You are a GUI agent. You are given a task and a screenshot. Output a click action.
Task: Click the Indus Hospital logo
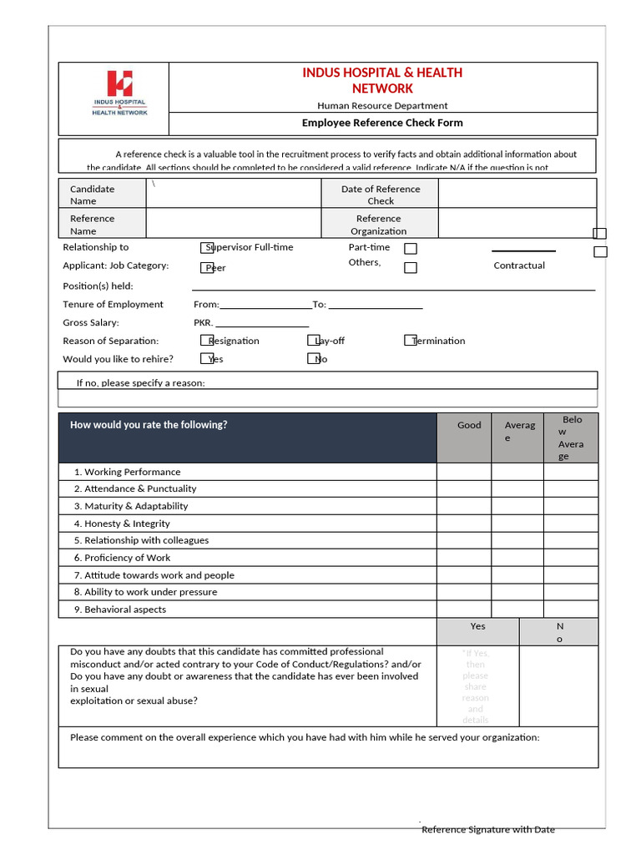(x=119, y=94)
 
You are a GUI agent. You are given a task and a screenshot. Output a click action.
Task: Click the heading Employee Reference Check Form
(x=382, y=123)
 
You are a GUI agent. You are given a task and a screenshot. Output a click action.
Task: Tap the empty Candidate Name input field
(x=234, y=194)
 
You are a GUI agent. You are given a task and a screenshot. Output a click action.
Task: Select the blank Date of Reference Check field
(x=517, y=194)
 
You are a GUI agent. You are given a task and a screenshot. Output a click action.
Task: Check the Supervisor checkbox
(x=207, y=247)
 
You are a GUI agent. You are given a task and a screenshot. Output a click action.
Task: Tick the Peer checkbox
(x=207, y=267)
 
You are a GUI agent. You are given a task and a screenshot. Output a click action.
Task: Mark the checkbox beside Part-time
(x=411, y=249)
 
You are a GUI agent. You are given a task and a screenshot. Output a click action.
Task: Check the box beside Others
(x=411, y=268)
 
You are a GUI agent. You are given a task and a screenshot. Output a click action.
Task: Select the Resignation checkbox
(x=207, y=340)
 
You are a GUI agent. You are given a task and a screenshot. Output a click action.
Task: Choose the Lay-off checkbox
(x=314, y=340)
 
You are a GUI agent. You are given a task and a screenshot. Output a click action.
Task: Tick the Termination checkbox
(x=411, y=340)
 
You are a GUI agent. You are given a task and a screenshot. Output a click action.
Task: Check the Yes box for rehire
(x=207, y=358)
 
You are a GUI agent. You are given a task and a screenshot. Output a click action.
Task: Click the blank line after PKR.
(x=262, y=323)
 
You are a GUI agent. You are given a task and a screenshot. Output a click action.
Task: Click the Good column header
(x=469, y=425)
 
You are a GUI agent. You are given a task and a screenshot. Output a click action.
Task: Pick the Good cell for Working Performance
(x=464, y=472)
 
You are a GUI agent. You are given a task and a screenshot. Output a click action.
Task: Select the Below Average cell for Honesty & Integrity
(x=571, y=524)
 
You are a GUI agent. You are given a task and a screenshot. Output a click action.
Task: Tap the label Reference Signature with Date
(x=488, y=829)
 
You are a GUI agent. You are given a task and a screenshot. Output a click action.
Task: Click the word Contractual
(x=519, y=266)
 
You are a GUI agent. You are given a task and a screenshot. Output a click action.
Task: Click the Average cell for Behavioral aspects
(x=517, y=610)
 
